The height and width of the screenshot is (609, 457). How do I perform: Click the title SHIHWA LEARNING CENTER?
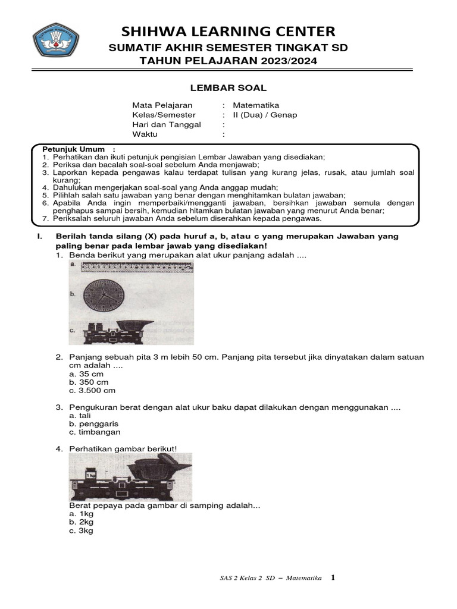pos(228,31)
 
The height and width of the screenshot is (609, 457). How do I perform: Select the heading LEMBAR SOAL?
pos(228,87)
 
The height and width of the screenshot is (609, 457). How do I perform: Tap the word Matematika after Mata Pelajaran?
pos(256,105)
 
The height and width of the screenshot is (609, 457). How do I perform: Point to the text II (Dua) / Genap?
pos(265,115)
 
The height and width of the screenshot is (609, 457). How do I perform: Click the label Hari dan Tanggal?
pos(167,124)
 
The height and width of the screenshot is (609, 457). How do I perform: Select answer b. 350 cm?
pos(89,382)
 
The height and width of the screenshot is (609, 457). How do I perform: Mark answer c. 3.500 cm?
pos(92,391)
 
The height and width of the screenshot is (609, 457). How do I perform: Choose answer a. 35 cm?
pos(86,374)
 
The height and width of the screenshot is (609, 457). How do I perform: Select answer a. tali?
pos(80,416)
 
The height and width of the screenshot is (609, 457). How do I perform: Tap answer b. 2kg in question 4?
pos(82,522)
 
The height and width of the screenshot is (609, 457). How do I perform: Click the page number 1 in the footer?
pos(333,577)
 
